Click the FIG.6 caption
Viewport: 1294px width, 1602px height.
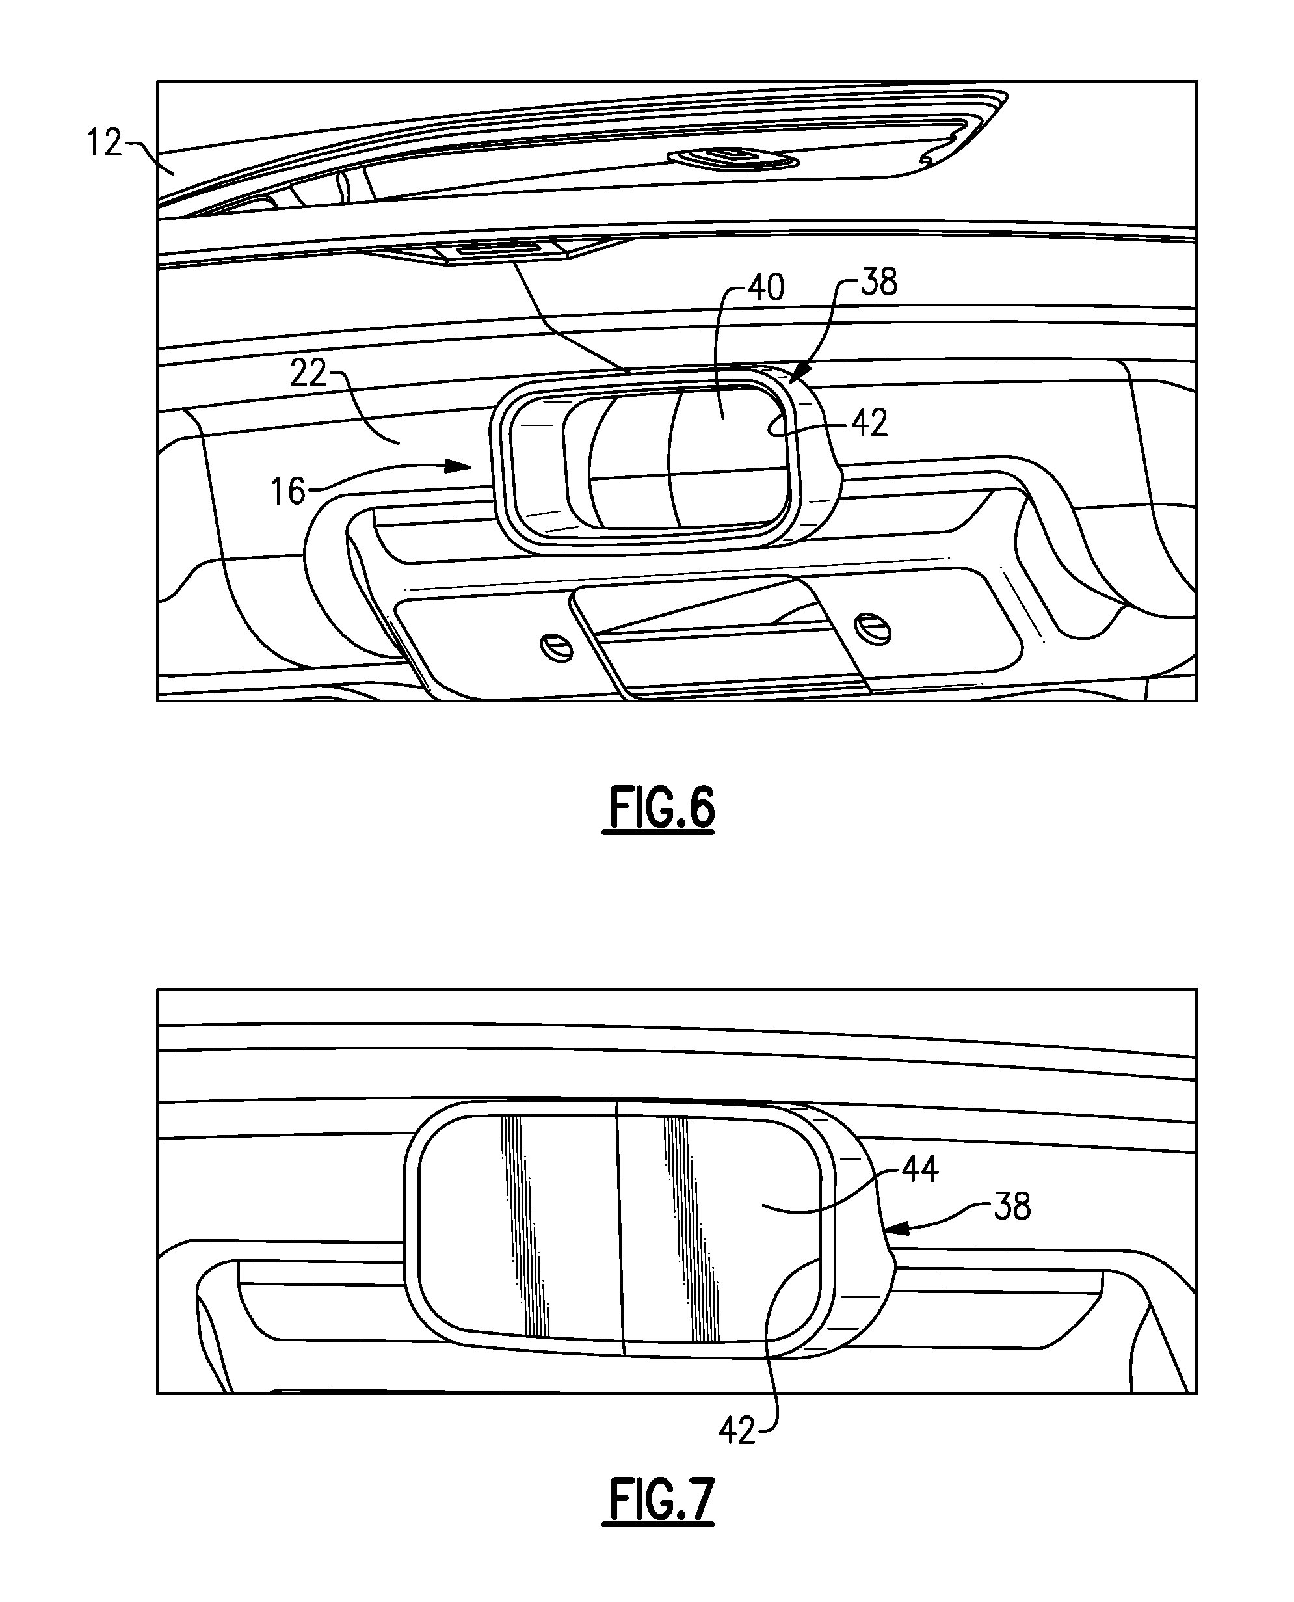661,807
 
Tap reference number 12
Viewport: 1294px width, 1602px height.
104,142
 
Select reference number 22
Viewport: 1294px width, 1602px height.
308,373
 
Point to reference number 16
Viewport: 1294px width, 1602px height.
287,491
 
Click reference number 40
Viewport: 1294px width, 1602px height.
765,287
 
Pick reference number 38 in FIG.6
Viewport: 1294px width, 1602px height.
879,282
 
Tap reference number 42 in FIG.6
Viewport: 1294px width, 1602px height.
869,423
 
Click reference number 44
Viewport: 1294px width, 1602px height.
920,1169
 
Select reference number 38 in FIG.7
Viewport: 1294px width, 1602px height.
1012,1206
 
